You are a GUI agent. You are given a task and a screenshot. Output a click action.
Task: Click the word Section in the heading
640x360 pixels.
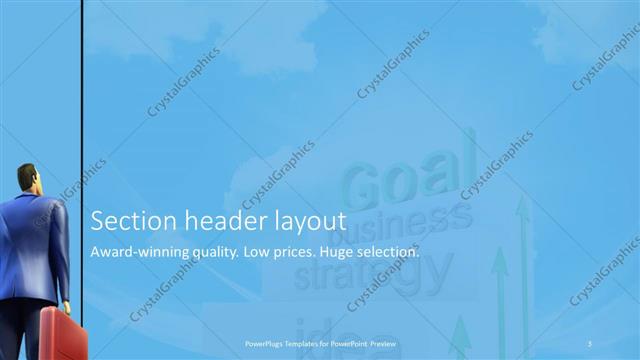[126, 220]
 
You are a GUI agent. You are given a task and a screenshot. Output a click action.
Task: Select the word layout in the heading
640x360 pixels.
[306, 222]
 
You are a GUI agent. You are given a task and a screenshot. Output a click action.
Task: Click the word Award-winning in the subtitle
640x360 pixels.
[141, 251]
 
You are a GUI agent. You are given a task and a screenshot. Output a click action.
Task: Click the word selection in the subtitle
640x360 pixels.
[394, 251]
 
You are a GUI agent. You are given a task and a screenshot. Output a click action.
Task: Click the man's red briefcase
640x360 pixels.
[63, 334]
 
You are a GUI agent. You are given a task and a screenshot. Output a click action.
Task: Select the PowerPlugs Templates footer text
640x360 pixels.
[319, 343]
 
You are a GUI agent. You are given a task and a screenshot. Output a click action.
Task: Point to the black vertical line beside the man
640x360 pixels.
[80, 100]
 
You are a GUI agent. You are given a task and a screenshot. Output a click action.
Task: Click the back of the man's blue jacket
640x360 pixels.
[35, 240]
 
